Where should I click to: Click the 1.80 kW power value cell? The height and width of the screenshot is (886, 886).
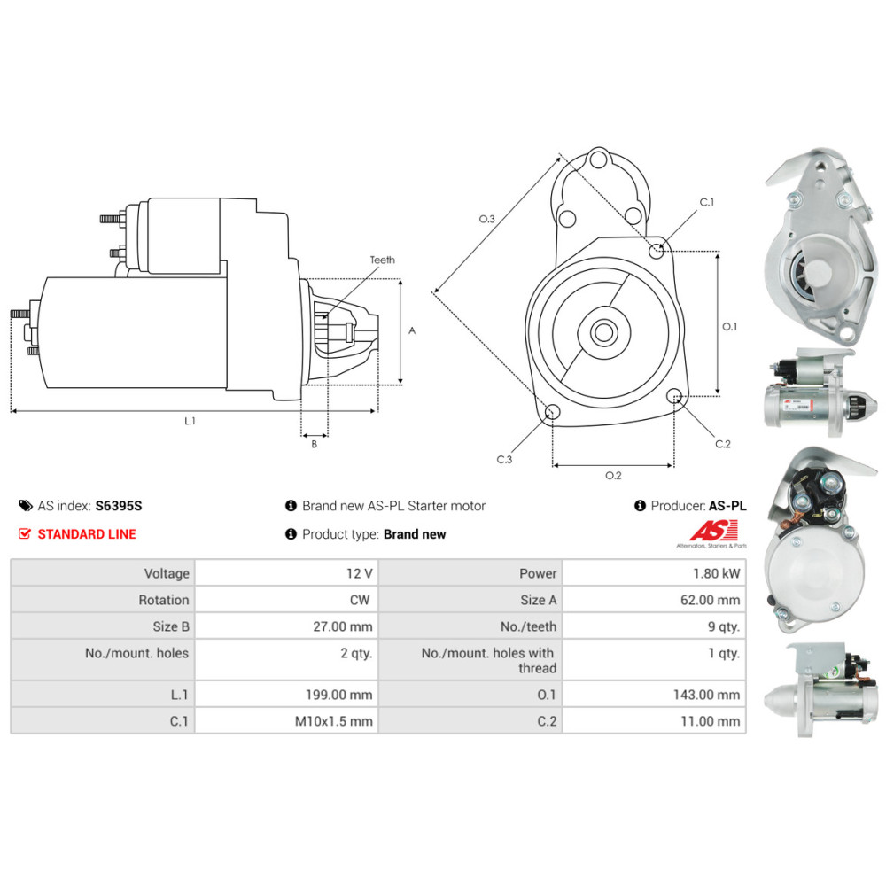click(x=654, y=573)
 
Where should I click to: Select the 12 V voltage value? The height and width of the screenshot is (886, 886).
click(x=360, y=573)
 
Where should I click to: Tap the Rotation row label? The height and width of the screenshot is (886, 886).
click(x=164, y=600)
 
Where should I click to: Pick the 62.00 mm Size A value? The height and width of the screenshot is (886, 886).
click(x=710, y=600)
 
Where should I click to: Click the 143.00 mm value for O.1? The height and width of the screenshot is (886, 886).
click(x=706, y=695)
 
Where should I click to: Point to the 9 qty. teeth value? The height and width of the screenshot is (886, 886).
click(x=724, y=626)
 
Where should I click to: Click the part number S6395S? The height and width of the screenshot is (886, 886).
click(x=119, y=506)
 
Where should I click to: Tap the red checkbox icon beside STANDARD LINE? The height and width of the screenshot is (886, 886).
click(x=24, y=534)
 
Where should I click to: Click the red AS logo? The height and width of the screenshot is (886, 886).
click(x=713, y=531)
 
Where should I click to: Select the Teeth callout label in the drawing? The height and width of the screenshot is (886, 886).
click(x=383, y=260)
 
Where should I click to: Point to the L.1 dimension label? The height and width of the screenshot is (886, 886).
click(x=190, y=421)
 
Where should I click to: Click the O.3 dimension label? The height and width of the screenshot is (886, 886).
click(x=487, y=219)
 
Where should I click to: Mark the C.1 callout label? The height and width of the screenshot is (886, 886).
click(x=707, y=202)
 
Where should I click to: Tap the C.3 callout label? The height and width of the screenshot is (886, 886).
click(x=504, y=459)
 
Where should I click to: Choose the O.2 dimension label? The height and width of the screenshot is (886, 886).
click(x=613, y=476)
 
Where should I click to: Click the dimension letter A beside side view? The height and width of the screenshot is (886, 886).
click(x=412, y=330)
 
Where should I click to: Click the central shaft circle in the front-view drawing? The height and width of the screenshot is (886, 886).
click(x=604, y=333)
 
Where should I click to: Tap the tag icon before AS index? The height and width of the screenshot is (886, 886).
click(x=26, y=506)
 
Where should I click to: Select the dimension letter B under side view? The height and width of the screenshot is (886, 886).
click(x=315, y=444)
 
